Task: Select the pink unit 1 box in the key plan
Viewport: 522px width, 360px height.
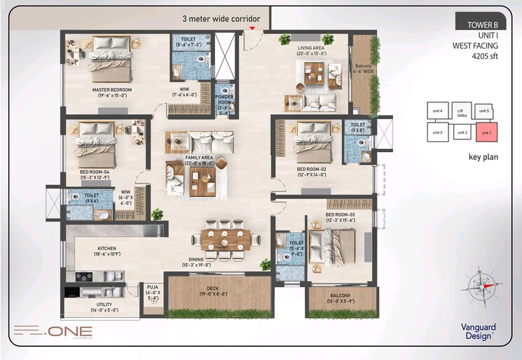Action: coord(484,132)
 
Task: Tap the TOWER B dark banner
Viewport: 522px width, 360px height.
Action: coord(478,25)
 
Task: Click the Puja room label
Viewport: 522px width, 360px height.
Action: coord(152,291)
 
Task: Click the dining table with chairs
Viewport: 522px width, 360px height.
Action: coord(226,239)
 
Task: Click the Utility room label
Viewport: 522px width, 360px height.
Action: coord(103,306)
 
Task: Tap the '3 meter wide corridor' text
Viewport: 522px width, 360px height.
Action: coord(221,19)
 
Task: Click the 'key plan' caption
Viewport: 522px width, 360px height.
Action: coord(483,157)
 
